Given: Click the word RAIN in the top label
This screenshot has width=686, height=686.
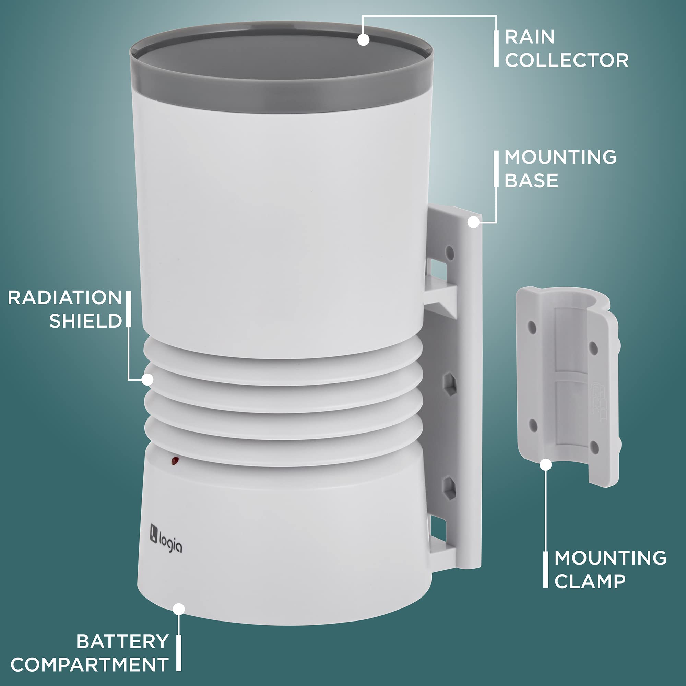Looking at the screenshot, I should point(529,37).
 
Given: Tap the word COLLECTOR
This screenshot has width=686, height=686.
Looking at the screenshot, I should point(567,60).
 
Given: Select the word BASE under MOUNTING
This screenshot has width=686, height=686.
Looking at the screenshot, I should point(531,180).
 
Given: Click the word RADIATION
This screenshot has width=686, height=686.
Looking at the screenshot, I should point(65,297).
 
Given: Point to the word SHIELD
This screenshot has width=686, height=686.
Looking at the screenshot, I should point(85,321).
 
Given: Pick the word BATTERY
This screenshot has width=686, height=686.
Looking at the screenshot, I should point(122,641).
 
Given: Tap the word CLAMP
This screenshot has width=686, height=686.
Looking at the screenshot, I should point(590,581).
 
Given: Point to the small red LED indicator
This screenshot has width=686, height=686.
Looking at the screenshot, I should point(175,461).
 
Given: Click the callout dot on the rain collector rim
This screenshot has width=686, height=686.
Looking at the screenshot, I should point(363,39).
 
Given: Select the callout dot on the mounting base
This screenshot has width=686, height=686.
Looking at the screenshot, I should point(473,222).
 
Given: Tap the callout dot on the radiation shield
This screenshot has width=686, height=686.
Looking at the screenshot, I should point(147,380).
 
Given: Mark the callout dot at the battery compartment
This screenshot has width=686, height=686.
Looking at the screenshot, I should point(179,609).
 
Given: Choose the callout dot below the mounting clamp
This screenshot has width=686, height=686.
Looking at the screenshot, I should point(546,464).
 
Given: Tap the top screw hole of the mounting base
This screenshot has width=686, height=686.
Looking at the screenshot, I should point(450,253).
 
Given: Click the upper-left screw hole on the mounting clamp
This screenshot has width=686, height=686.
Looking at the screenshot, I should point(532,327).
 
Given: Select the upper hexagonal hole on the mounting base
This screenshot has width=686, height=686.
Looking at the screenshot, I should point(450,384).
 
